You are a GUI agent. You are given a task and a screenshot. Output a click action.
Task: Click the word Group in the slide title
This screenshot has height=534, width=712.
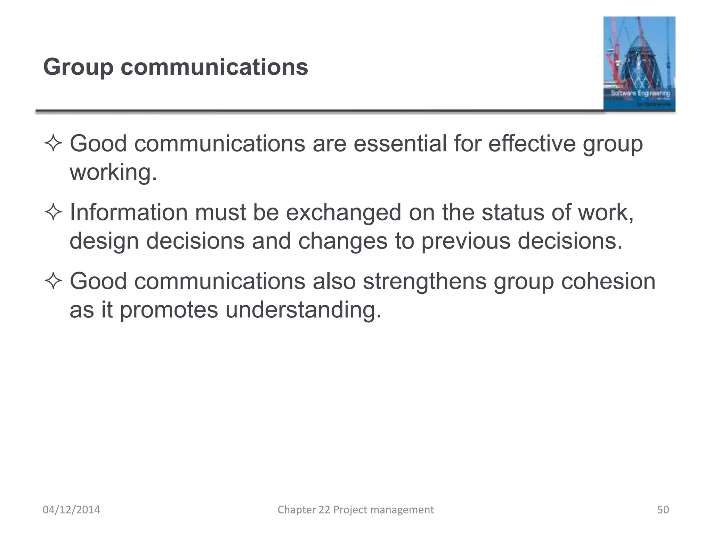(x=78, y=67)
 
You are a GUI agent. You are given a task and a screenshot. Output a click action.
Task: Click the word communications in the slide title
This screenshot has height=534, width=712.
(x=214, y=67)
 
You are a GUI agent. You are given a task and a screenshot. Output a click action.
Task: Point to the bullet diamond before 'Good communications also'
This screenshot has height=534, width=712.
(x=53, y=281)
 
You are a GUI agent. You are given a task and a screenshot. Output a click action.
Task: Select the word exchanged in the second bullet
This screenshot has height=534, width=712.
(x=343, y=213)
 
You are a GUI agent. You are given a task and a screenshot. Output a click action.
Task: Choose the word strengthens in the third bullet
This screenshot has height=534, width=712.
(x=424, y=281)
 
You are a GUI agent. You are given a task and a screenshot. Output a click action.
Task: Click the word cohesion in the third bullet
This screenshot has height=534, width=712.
(x=608, y=281)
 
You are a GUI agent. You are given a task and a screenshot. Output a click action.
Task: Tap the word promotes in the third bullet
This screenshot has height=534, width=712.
(x=169, y=309)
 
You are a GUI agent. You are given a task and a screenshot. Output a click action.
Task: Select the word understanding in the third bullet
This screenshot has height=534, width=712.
(x=303, y=309)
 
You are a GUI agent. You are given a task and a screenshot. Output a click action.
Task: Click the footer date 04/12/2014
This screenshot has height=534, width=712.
(x=71, y=510)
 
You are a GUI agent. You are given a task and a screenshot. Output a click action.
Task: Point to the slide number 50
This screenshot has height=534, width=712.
(x=663, y=510)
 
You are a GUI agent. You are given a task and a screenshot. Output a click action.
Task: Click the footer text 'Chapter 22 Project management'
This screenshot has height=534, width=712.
(x=356, y=510)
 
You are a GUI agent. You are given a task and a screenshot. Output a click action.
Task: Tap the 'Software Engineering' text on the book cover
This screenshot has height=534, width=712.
(x=640, y=93)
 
